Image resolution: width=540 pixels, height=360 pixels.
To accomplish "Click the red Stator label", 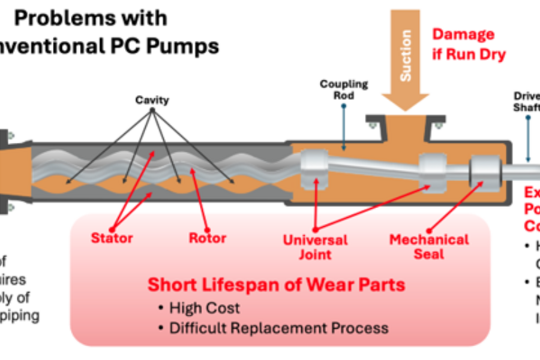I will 112,238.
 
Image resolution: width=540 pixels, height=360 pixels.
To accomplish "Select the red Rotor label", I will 208,238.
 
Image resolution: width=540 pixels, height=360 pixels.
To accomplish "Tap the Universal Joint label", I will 316,247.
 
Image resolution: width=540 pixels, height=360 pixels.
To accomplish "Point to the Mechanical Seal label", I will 429,247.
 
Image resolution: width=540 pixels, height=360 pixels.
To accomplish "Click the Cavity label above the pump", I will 152,100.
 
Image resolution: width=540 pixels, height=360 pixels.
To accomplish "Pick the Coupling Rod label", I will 344,90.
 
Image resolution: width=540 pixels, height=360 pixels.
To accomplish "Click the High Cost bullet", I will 204,308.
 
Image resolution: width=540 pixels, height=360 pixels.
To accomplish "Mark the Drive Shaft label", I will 527,101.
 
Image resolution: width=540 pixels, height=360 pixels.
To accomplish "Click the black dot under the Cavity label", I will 152,110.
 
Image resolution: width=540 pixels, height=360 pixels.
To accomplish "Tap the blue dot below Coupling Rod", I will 344,106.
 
